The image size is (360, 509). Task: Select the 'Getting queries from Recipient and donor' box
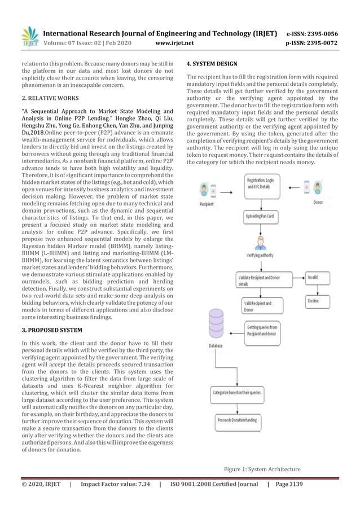tap(263, 330)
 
